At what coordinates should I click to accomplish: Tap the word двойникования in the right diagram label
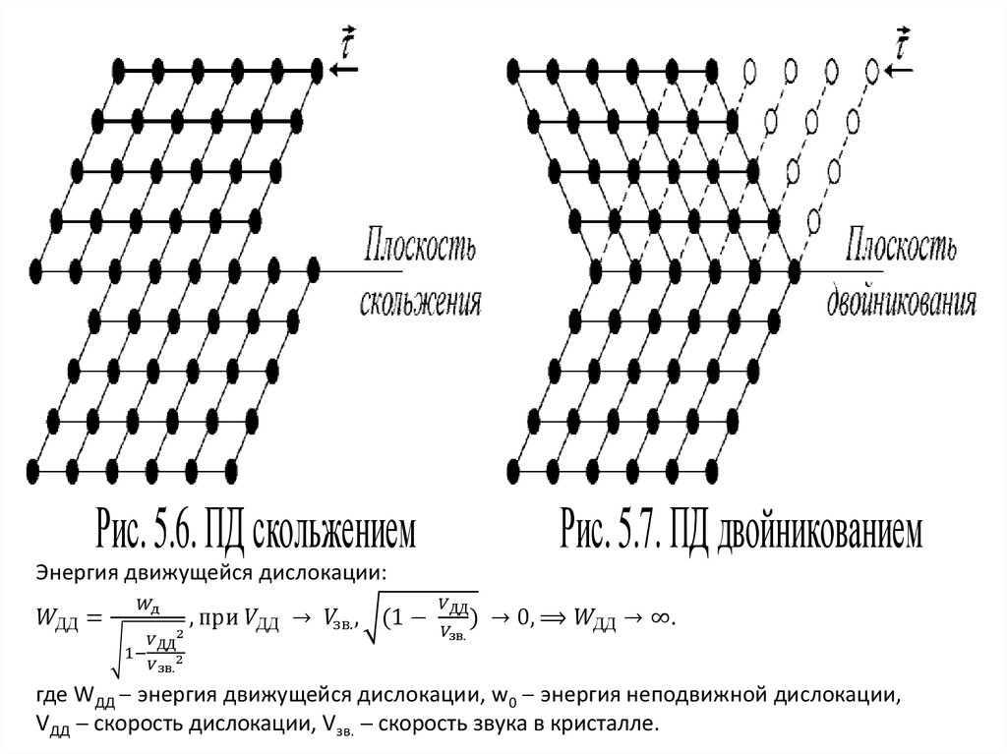pyautogui.click(x=901, y=300)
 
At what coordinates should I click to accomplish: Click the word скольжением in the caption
pyautogui.click(x=334, y=531)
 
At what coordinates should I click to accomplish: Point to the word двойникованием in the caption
pyautogui.click(x=826, y=531)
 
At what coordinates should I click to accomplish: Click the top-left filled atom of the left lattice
pyautogui.click(x=119, y=70)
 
